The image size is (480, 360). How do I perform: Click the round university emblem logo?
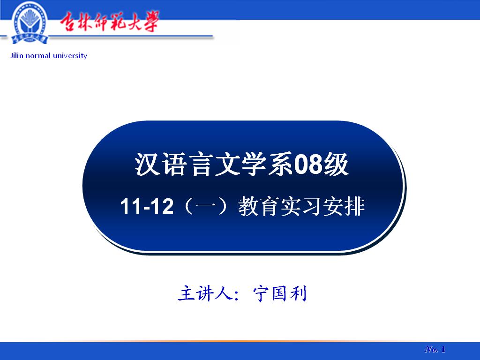30,23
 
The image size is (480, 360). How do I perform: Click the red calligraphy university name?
110,22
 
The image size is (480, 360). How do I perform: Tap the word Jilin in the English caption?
17,55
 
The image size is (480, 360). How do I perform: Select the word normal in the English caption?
38,55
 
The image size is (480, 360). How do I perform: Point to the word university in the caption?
70,56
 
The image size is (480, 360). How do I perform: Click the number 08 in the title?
308,165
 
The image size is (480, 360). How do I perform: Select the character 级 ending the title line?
336,165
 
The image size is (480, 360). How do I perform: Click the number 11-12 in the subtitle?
147,206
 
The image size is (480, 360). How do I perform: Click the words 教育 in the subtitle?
259,207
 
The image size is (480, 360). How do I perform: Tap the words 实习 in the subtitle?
301,207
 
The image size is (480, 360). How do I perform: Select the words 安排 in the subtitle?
344,207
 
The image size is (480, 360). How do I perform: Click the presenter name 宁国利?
280,293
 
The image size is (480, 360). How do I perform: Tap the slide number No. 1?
435,349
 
